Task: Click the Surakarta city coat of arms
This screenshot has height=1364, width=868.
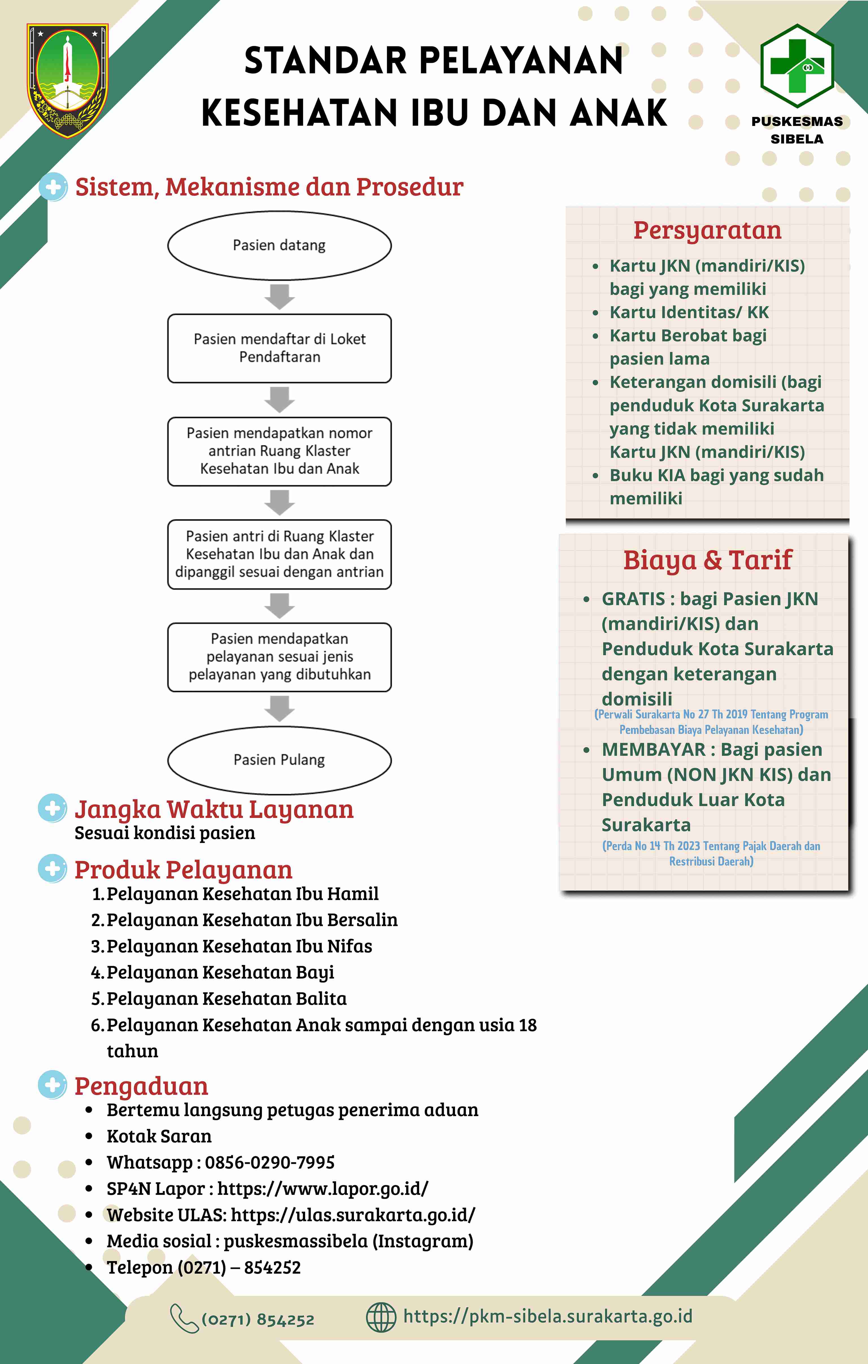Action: [x=68, y=80]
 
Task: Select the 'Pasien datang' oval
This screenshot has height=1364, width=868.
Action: [x=279, y=245]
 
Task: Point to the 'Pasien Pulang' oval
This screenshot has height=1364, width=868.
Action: [x=279, y=760]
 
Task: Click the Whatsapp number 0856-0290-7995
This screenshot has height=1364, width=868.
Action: [x=270, y=1162]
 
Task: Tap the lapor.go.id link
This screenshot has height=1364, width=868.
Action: [x=323, y=1188]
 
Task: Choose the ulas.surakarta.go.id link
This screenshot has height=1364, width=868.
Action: [x=353, y=1214]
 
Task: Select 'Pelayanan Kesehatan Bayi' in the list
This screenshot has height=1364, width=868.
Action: [x=220, y=972]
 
